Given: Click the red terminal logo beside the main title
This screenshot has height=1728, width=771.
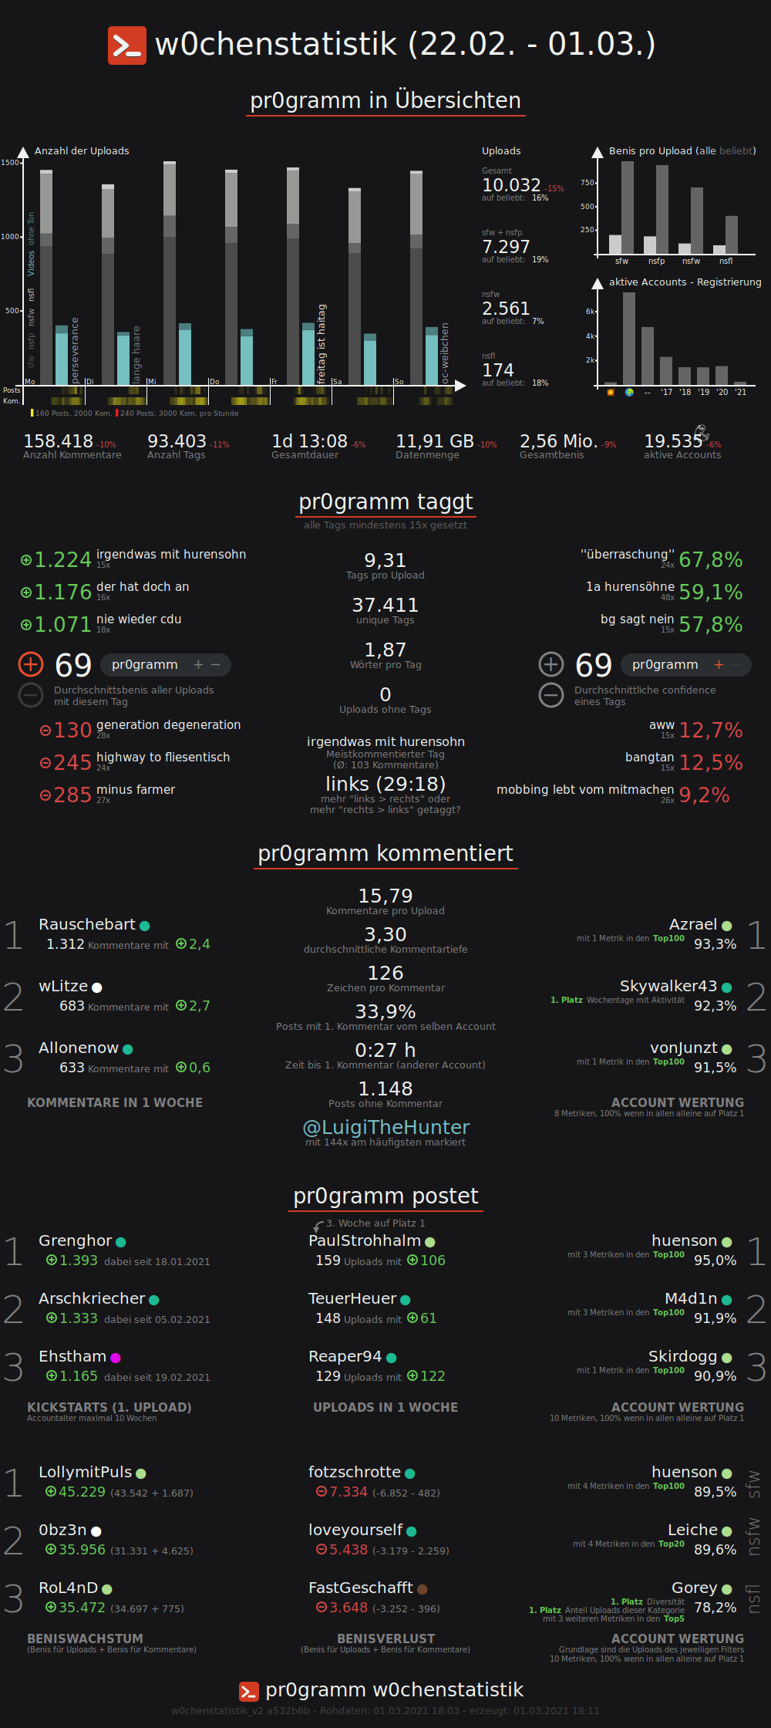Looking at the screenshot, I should [x=126, y=46].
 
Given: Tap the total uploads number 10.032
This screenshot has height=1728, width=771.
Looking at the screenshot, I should [x=511, y=185].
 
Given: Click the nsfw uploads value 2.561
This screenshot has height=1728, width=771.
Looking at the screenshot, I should [x=506, y=309].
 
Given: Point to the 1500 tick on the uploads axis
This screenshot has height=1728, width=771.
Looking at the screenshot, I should [x=10, y=163].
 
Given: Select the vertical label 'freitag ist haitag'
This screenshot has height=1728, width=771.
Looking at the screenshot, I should [x=322, y=344].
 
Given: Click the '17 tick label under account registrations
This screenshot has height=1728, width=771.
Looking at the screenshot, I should [x=666, y=393].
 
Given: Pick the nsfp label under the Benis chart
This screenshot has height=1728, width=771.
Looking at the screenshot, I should [x=656, y=262].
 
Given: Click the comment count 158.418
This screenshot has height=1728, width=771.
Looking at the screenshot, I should [x=58, y=441].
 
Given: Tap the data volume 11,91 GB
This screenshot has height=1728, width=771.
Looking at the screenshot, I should [x=434, y=441].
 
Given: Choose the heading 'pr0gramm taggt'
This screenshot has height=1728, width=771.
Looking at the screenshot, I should [x=385, y=502].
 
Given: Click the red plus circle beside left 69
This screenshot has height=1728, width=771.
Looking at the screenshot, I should [x=31, y=664].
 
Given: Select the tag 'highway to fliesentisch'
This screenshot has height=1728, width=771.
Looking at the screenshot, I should [x=163, y=758].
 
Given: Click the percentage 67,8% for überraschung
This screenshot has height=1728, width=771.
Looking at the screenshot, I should [x=710, y=560].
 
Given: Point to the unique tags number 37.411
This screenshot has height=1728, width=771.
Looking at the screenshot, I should [x=385, y=605].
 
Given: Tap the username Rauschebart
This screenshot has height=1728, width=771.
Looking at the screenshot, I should [x=87, y=924].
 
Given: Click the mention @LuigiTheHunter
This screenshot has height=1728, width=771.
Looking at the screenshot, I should [x=385, y=1128].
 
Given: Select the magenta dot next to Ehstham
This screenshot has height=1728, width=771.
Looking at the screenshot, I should [x=116, y=1358].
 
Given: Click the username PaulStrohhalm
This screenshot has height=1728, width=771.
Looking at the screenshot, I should [x=365, y=1240].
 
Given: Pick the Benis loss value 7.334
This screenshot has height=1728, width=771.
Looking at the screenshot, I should [x=348, y=1492].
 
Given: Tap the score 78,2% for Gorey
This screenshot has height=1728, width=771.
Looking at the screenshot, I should [x=715, y=1608].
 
